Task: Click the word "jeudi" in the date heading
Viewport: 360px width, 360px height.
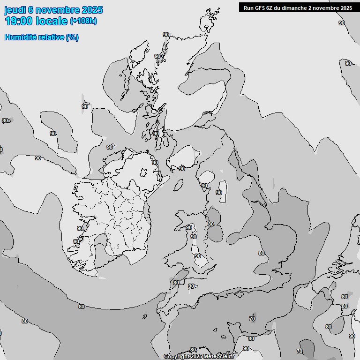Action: coord(15,10)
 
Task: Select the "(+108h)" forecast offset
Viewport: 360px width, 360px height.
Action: coord(83,21)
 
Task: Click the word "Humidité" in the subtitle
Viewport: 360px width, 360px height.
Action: coord(22,37)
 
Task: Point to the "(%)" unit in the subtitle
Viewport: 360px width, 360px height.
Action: coord(72,37)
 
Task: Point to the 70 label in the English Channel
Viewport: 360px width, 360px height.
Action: coord(252,319)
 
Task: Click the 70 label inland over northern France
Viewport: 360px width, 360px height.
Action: coord(300,351)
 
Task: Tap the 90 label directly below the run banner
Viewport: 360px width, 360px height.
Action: coord(341,22)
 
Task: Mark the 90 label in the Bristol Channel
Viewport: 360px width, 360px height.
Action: coord(191,286)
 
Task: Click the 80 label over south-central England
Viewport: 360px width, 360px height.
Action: coord(262,253)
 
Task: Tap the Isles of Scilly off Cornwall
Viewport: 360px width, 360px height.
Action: coord(144,316)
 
